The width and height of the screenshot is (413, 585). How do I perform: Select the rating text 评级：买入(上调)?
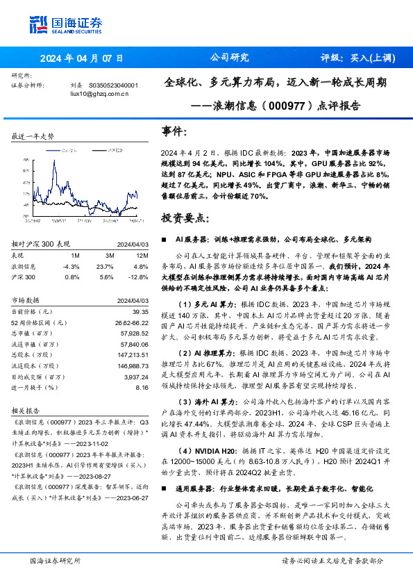click(x=354, y=58)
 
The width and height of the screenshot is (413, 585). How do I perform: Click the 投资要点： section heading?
click(x=184, y=218)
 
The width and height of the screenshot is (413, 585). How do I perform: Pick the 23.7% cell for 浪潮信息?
click(x=105, y=265)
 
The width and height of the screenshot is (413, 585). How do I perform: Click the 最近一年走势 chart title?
click(x=33, y=136)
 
